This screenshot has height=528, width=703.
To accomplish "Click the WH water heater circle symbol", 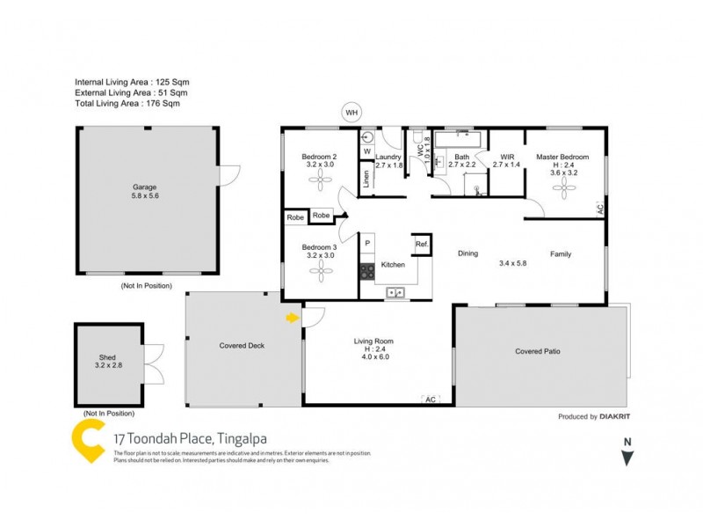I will coord(352,113).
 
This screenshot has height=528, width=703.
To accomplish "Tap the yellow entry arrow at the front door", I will coord(292,318).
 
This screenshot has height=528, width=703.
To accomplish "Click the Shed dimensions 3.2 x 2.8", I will coord(107,366).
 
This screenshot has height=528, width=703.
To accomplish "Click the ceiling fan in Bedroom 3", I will coord(319,273).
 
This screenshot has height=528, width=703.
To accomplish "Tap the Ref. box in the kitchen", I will coord(422,244).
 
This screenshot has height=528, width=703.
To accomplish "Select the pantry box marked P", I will coord(367,243).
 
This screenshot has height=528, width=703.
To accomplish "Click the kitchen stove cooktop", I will coord(366,272).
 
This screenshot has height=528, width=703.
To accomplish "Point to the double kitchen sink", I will coord(395,292).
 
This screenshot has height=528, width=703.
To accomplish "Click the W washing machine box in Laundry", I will coord(366,151).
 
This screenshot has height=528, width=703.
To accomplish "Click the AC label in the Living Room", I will coord(430,399).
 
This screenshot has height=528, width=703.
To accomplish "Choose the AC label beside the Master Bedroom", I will coord(599,209).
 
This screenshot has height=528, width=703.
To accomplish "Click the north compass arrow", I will coord(627,457).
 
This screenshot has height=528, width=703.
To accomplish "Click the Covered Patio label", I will coord(538,351).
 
